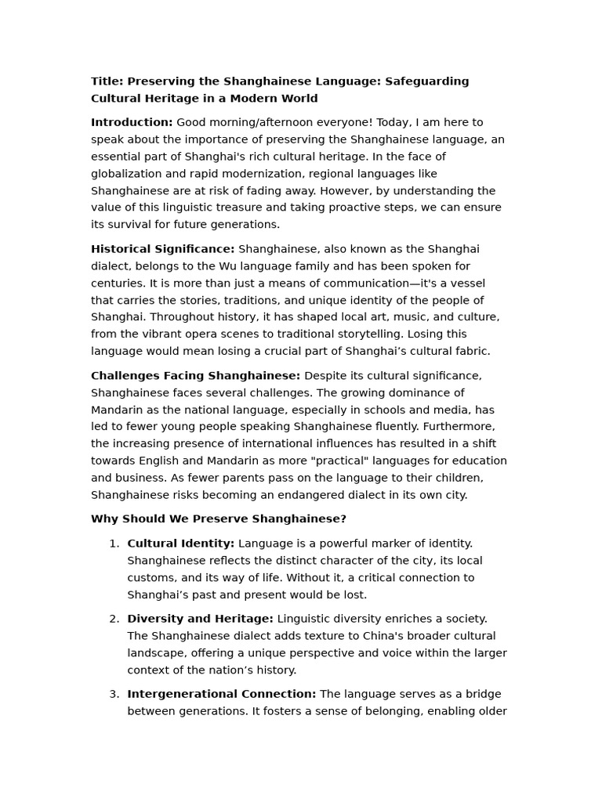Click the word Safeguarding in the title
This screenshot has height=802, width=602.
pos(426,81)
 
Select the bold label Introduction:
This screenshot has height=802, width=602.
pos(132,123)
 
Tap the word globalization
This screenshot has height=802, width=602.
pos(127,174)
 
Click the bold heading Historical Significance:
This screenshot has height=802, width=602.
pos(162,249)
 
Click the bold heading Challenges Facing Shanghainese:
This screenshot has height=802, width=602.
pos(195,376)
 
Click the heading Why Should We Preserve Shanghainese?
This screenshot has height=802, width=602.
pos(219,519)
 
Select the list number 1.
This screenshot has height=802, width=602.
pos(113,544)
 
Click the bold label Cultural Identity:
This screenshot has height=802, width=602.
pos(180,544)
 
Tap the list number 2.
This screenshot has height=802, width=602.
pos(113,619)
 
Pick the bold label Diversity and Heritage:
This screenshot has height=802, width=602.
pos(200,619)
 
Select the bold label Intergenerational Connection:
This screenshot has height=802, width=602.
pos(222,694)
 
